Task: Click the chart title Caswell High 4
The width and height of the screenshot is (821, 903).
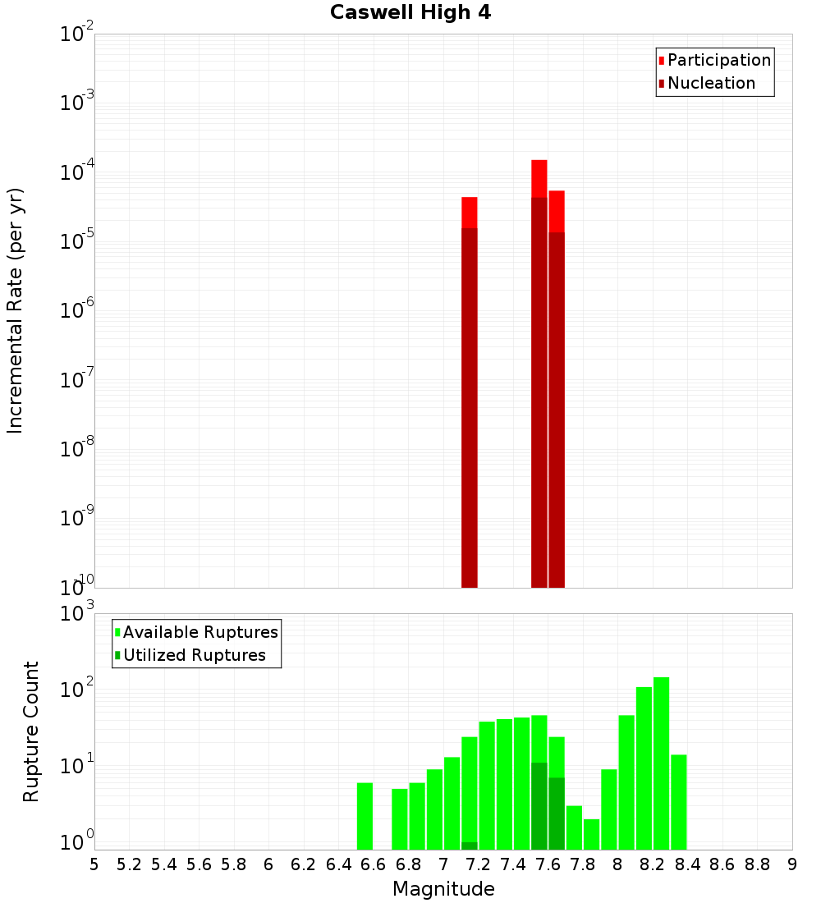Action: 410,13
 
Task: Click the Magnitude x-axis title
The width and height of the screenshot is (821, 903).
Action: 443,889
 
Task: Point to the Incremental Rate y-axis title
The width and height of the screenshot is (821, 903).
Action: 15,310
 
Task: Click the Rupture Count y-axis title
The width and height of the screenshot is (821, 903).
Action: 31,731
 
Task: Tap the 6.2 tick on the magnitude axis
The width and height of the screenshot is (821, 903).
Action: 304,864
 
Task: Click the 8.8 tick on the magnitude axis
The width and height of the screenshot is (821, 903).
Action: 757,864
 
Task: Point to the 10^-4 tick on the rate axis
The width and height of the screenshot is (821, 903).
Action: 76,172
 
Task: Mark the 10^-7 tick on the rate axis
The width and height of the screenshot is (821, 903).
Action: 76,380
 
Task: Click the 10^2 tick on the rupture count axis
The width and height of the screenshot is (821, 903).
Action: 76,689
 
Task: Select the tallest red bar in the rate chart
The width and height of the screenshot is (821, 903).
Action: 539,369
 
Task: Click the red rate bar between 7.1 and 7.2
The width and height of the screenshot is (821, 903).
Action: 469,394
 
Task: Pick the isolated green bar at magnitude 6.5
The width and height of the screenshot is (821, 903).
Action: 365,816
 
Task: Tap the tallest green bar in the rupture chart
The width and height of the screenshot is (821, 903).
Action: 661,763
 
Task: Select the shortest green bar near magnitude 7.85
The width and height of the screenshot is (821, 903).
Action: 591,834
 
